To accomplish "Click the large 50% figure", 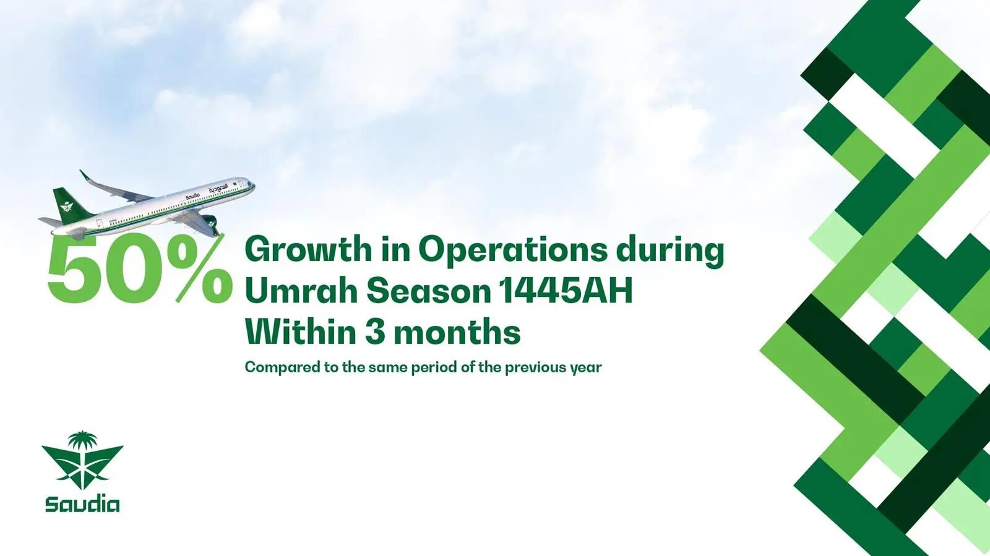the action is pyautogui.click(x=140, y=268).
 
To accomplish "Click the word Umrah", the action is pyautogui.click(x=301, y=291).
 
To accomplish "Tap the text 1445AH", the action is pyautogui.click(x=566, y=291).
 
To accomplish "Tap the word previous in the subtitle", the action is pyautogui.click(x=535, y=367).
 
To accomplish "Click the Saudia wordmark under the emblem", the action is pyautogui.click(x=82, y=505).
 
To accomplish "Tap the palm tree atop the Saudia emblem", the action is pyautogui.click(x=83, y=442).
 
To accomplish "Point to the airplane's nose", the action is pyautogui.click(x=251, y=182).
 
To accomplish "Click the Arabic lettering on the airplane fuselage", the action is pyautogui.click(x=218, y=189).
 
